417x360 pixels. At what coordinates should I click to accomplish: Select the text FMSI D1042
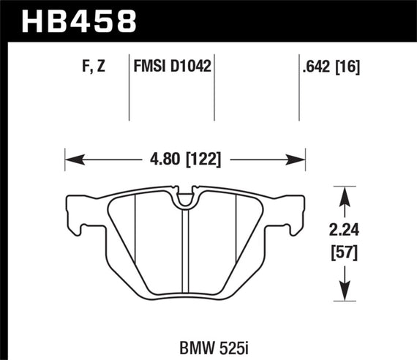click(173, 68)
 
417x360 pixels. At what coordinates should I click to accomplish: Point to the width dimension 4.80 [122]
click(184, 158)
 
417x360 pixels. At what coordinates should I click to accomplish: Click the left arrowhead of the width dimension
click(70, 158)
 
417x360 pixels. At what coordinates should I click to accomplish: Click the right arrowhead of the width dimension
click(299, 158)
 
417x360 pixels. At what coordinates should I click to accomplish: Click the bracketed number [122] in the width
click(204, 158)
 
